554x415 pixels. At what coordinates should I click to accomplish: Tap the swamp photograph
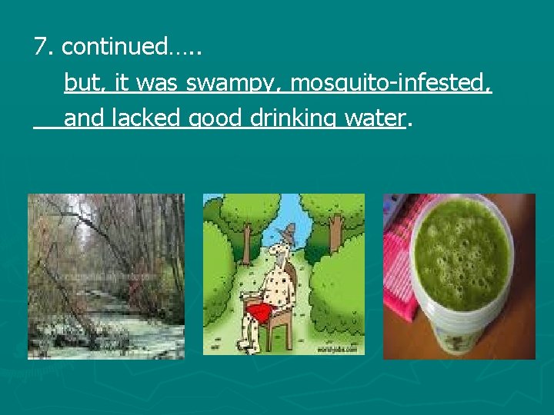[x=106, y=276]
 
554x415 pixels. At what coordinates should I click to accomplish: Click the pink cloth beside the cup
[x=400, y=261]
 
